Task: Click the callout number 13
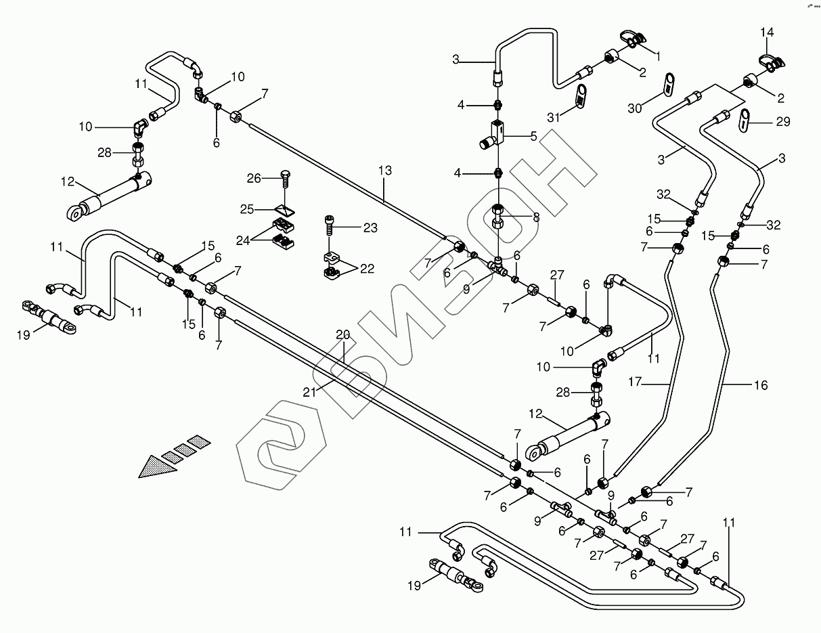(x=384, y=171)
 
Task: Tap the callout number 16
(x=761, y=385)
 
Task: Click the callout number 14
(x=766, y=32)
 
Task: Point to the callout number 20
(x=343, y=334)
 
